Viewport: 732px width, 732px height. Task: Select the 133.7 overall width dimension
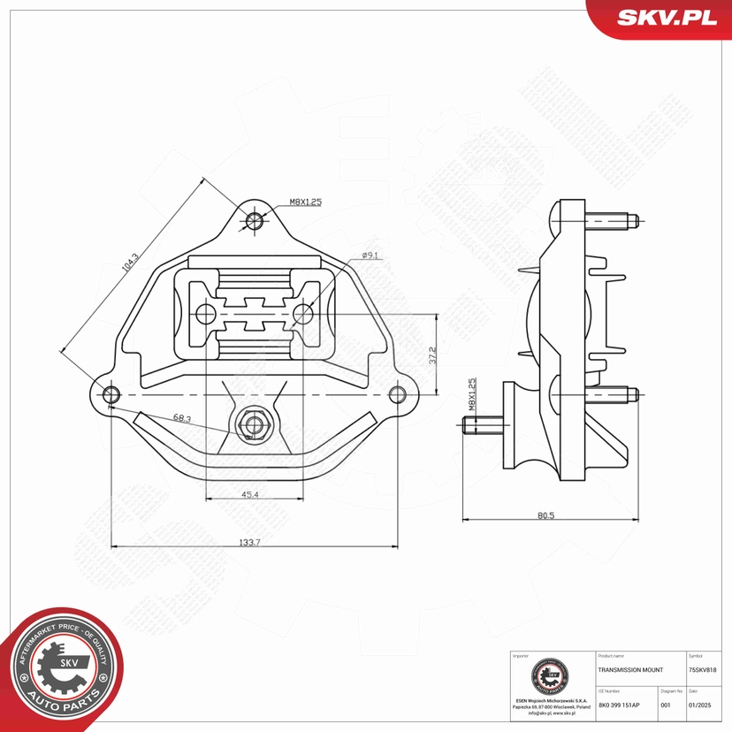(251, 542)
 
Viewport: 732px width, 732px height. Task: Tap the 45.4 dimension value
(249, 495)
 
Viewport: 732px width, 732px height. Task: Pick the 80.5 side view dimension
(545, 515)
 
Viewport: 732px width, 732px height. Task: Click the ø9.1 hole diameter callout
(370, 256)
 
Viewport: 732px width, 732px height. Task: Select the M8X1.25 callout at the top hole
(304, 202)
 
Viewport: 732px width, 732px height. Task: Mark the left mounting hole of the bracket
(111, 394)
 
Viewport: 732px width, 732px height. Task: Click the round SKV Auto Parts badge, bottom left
(60, 669)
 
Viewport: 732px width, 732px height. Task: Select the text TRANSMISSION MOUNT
(630, 670)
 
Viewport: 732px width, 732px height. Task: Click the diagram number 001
(667, 705)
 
